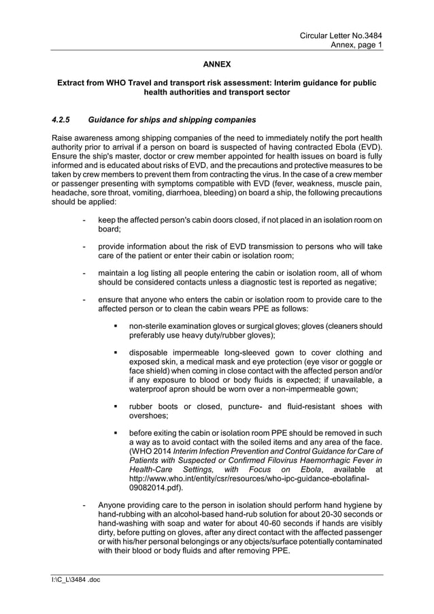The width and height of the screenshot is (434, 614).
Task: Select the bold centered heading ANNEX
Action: pos(217,65)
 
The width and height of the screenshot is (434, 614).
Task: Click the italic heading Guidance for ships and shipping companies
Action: pos(172,120)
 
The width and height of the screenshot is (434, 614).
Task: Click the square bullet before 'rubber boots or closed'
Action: pos(116,407)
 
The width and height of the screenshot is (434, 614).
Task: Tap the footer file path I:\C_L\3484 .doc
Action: pos(71,580)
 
